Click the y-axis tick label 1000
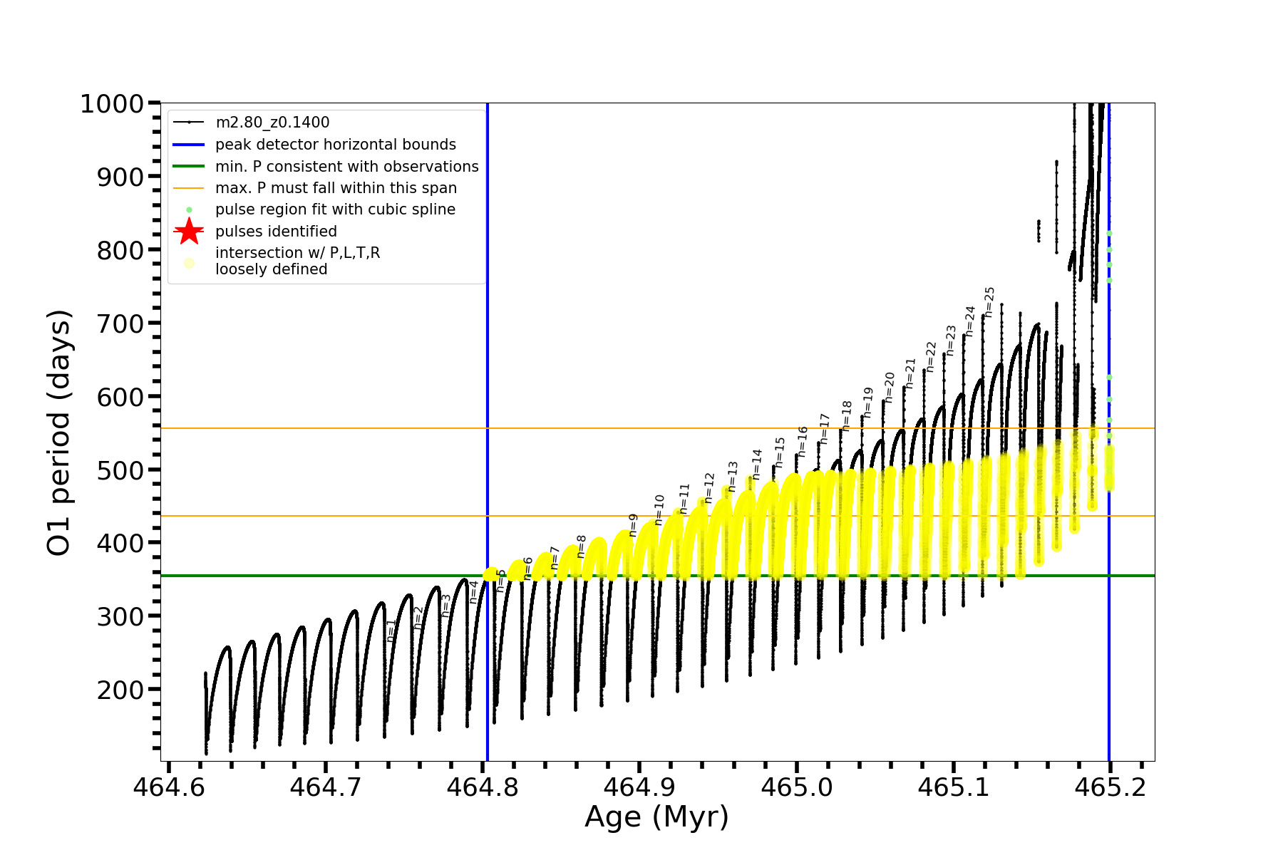point(112,104)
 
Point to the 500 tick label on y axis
point(120,470)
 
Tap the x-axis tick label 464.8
point(483,788)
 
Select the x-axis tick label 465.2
point(1110,788)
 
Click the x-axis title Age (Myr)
point(656,817)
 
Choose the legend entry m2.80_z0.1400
point(272,123)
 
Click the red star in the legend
point(189,232)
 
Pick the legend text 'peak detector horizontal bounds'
point(336,145)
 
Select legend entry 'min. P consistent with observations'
point(347,167)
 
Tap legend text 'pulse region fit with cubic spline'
point(335,209)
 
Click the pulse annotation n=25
point(989,302)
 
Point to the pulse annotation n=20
point(889,387)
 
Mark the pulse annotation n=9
point(633,525)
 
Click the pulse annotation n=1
point(391,631)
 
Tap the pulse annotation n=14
point(757,464)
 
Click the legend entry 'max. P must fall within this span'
point(336,188)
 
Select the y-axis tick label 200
point(120,690)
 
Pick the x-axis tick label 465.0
point(796,788)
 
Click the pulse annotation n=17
point(825,428)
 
